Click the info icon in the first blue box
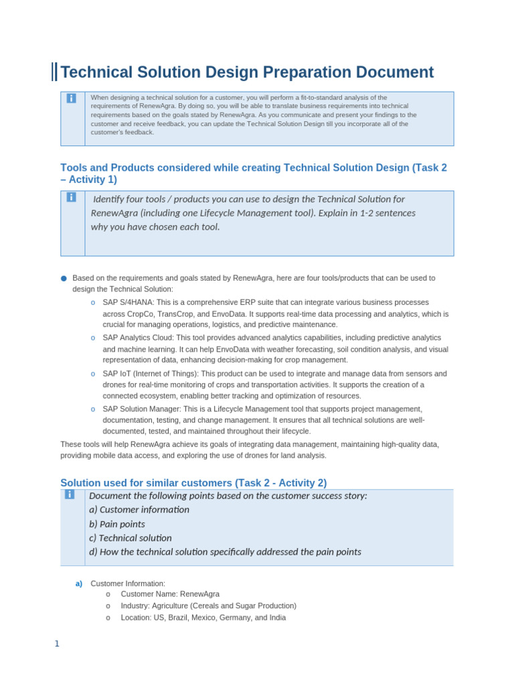tap(72, 98)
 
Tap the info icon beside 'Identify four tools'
tap(72, 197)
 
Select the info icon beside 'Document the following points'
tap(70, 494)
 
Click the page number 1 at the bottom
tap(57, 644)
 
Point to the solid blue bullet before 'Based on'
tap(64, 278)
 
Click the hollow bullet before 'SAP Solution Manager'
tap(93, 409)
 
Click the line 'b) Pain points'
tap(117, 524)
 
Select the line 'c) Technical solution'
tap(131, 538)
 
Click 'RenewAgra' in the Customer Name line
tap(199, 594)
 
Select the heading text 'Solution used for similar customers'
tap(146, 483)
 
